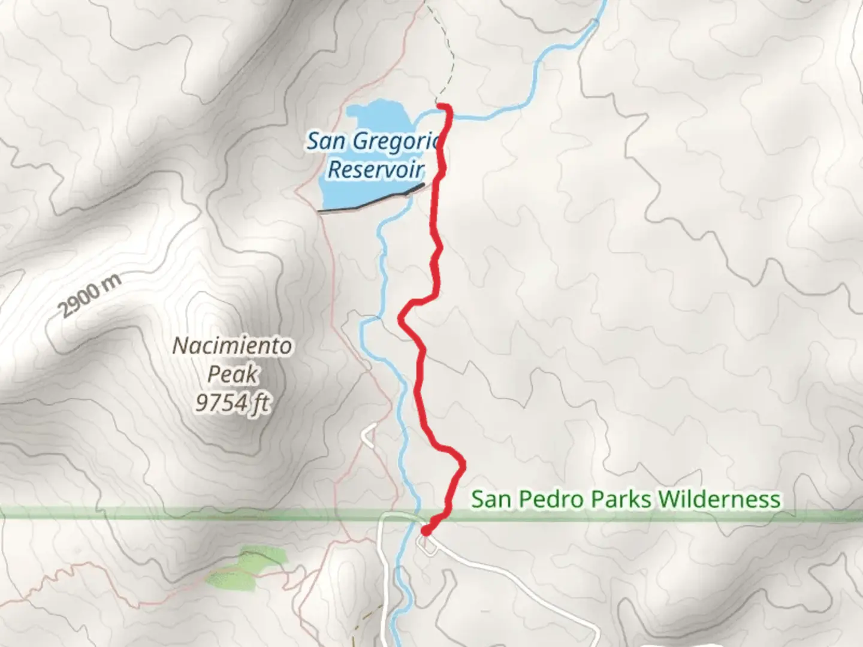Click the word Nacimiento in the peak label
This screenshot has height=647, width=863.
[233, 346]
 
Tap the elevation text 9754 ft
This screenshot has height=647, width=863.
[233, 403]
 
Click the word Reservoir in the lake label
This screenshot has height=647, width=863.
[376, 170]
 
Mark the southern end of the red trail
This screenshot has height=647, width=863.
[426, 531]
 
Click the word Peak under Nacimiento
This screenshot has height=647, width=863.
[233, 374]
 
